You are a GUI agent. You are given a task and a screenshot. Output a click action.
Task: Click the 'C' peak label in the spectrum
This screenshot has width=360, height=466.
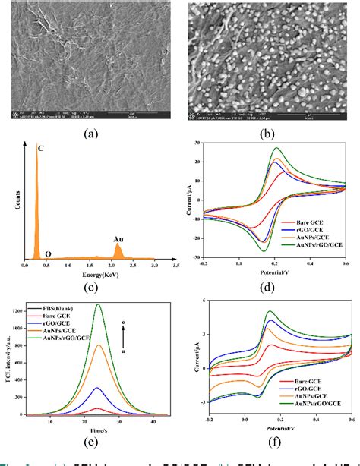[x=40, y=147]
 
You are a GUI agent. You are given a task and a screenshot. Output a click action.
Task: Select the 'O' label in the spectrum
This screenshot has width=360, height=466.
[x=47, y=256]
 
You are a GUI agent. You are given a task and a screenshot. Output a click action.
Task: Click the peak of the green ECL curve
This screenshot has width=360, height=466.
[x=98, y=305]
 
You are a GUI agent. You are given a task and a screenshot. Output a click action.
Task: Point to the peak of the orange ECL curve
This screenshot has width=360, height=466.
[x=98, y=345]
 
